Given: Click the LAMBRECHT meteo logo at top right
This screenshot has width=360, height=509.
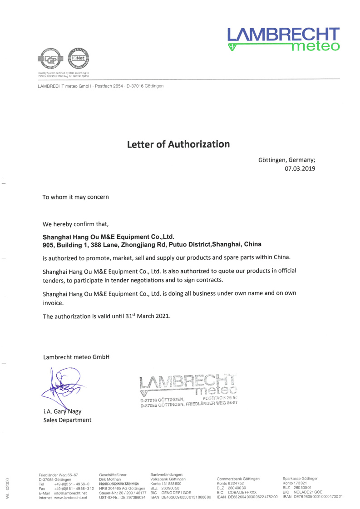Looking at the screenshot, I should [x=283, y=39].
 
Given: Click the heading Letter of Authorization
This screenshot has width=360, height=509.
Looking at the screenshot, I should [x=178, y=144].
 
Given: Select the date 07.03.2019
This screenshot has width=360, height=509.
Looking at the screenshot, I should [x=300, y=168].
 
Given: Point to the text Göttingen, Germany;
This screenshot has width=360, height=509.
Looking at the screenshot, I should [x=286, y=160].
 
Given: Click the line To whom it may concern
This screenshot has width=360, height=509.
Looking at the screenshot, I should [x=75, y=197].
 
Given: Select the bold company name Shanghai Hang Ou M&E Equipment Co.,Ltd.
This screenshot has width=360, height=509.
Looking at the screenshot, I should [x=108, y=237].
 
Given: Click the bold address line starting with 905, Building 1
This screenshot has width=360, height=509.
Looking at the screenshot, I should [x=152, y=244].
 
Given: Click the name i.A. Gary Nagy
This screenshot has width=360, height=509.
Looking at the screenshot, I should [x=62, y=412].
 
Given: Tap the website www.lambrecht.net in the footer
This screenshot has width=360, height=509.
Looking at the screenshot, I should [x=70, y=498].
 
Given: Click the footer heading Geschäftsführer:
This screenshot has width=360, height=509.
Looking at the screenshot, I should [x=113, y=474].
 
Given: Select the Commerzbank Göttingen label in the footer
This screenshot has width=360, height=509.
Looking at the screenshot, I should [x=238, y=479].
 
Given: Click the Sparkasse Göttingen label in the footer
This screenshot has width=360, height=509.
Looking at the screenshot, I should [x=300, y=479].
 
